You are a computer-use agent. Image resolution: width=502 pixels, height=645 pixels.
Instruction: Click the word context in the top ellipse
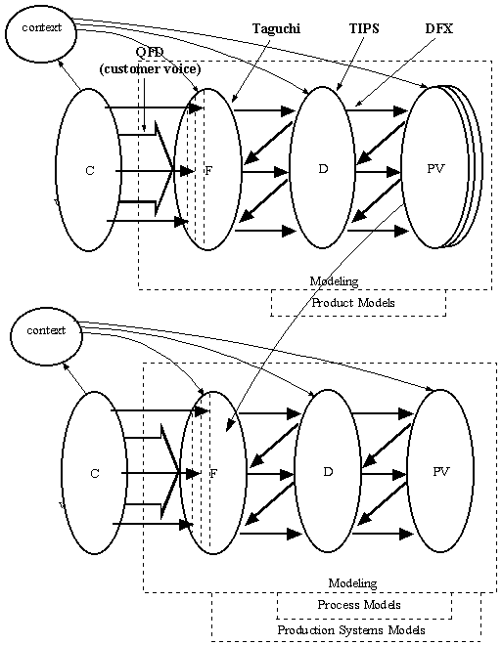41,27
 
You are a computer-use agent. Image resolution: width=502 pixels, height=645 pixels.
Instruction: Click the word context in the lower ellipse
46,330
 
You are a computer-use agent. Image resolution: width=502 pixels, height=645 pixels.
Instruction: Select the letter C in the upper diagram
90,171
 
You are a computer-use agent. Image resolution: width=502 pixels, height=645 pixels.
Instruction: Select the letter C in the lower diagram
94,474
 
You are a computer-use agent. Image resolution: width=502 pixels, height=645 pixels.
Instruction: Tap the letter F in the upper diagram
208,170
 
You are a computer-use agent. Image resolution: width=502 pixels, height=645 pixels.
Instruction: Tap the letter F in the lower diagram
212,473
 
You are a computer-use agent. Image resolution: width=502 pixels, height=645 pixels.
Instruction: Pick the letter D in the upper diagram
323,168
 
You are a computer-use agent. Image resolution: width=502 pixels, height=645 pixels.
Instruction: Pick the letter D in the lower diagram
328,471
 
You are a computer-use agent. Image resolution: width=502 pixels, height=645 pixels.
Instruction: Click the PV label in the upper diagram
436,169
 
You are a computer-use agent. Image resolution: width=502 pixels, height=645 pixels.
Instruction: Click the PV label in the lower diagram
440,471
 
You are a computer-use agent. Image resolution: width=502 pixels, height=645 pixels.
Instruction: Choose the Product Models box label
353,303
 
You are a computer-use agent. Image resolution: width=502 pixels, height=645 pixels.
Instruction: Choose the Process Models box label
359,605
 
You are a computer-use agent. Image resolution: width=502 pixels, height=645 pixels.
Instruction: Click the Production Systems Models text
351,630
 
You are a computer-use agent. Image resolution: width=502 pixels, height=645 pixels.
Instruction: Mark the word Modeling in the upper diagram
334,281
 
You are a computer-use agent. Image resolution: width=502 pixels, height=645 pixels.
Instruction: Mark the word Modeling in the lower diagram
352,583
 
